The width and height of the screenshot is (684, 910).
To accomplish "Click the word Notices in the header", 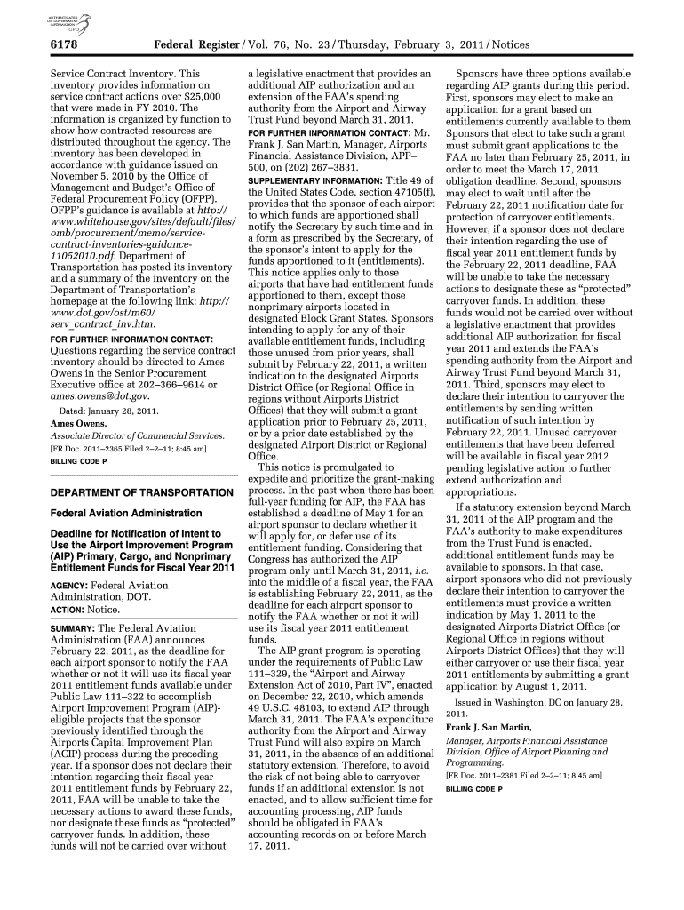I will click(508, 44).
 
